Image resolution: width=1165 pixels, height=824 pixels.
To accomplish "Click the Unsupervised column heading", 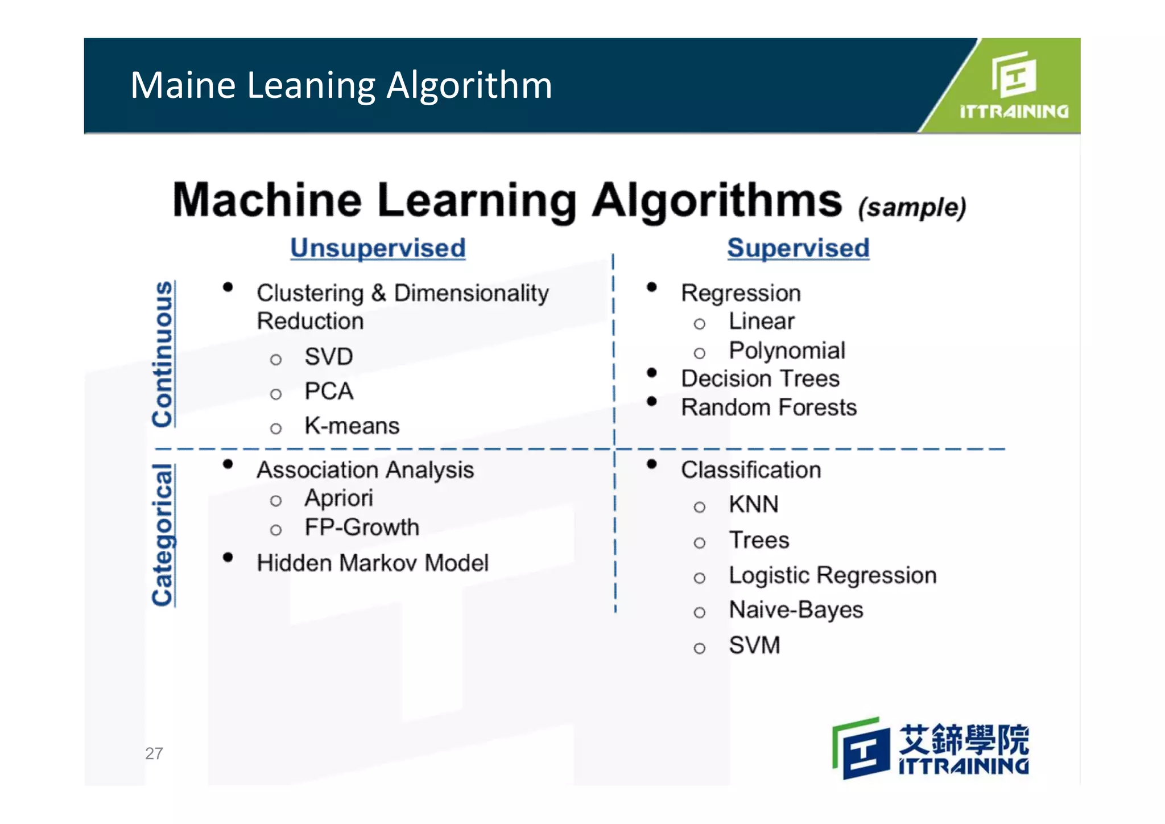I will click(x=378, y=248).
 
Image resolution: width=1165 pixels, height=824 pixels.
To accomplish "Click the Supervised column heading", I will click(x=798, y=248).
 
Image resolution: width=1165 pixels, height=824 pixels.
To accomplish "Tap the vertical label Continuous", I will click(x=163, y=354).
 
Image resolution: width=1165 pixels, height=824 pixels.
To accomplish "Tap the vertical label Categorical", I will click(x=163, y=535).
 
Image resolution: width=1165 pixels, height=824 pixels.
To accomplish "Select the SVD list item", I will click(x=329, y=357).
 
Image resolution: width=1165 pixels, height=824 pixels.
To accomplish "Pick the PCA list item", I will click(x=329, y=392).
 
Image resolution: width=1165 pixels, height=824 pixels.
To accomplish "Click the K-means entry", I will click(x=352, y=426).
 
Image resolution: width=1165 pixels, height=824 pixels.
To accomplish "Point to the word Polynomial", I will click(x=787, y=351).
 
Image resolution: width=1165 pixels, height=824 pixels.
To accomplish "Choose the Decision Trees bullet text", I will click(x=760, y=378).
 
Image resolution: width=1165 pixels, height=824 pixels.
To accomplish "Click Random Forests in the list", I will click(x=769, y=407).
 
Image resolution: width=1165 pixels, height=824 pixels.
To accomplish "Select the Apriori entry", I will click(x=338, y=498).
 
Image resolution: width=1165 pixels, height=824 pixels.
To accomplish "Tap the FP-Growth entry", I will click(x=362, y=528).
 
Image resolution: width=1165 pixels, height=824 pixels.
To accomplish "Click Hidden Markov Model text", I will click(x=373, y=563).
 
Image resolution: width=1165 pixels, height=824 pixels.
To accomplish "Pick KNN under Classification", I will click(x=754, y=505).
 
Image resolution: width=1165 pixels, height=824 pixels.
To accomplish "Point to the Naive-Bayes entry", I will click(x=796, y=610).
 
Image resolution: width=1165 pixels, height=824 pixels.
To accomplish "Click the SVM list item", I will click(x=754, y=645).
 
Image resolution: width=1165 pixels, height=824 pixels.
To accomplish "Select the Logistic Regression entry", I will click(x=832, y=575).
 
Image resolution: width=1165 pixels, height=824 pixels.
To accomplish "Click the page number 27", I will click(x=154, y=753).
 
